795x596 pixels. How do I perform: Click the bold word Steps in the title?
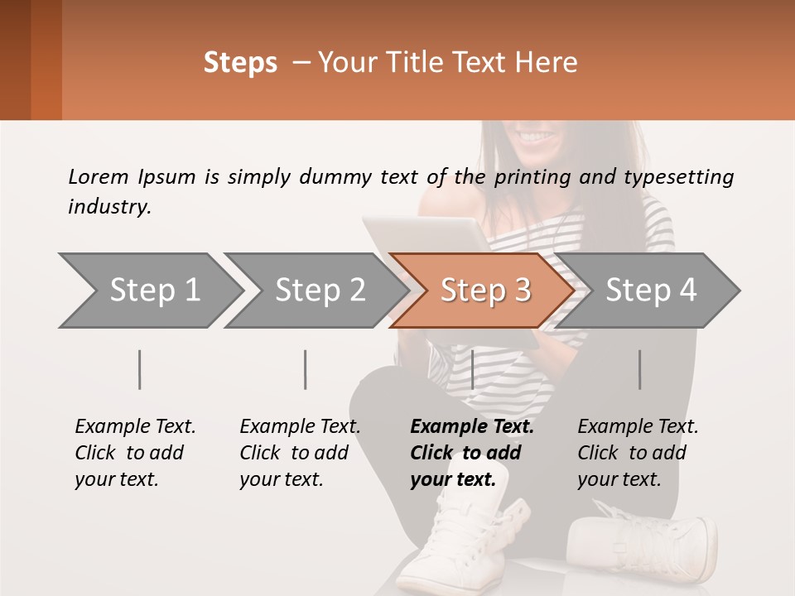(240, 63)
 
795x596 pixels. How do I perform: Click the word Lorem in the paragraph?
(98, 177)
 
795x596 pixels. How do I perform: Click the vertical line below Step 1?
(140, 369)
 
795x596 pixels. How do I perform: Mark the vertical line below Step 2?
(306, 369)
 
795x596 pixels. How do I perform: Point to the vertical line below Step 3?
(472, 369)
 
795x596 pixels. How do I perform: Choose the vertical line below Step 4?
(639, 369)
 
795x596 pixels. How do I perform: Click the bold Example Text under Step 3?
(472, 426)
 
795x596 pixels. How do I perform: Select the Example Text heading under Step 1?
(135, 426)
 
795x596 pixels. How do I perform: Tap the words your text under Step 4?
(619, 479)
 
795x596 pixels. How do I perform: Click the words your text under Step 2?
(282, 479)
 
